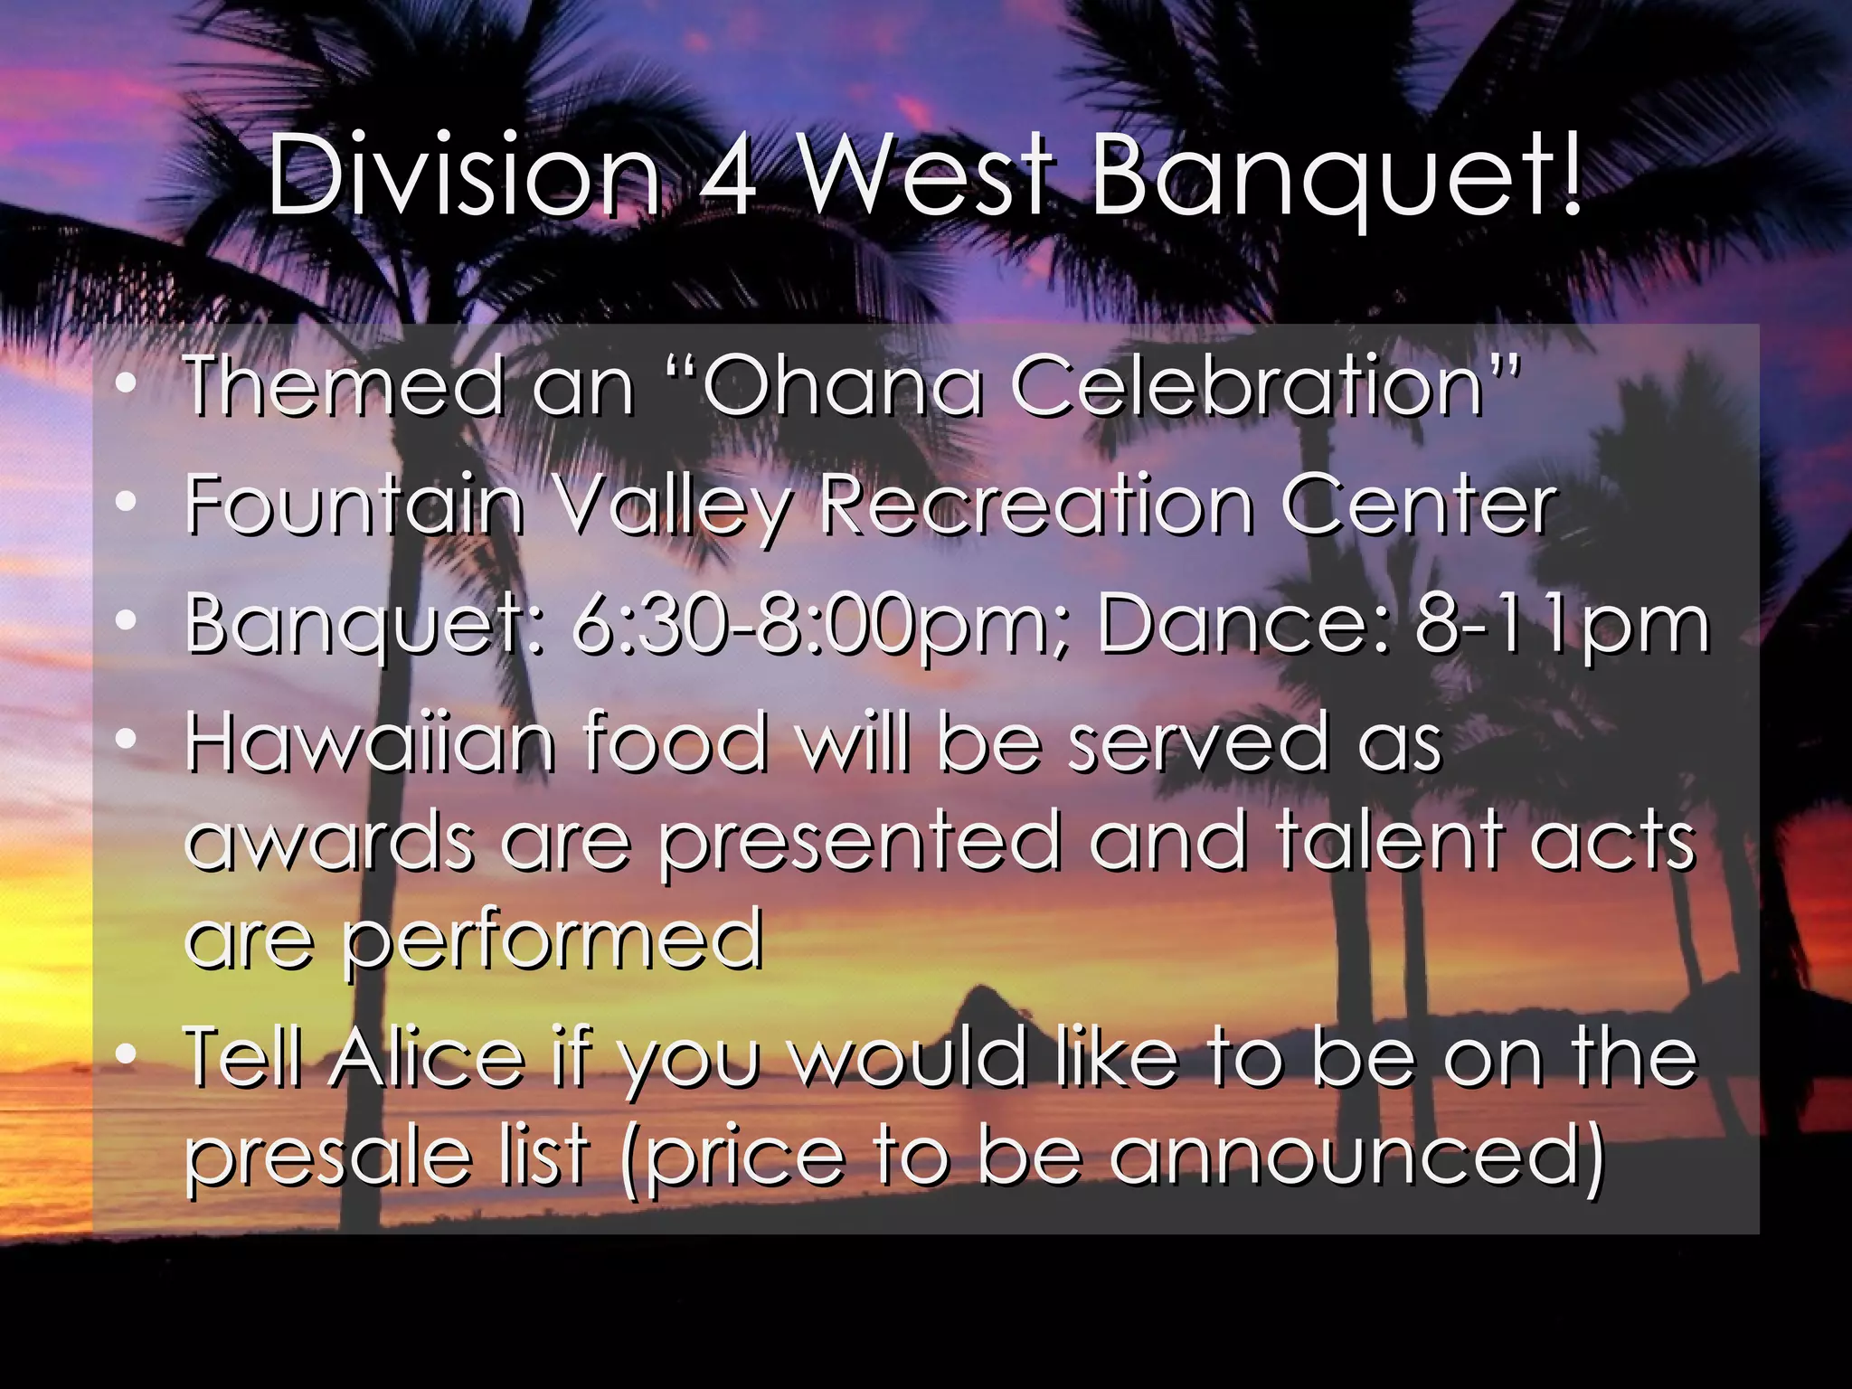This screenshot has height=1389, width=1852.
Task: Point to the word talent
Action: (x=1389, y=841)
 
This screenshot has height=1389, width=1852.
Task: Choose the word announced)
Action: (x=1356, y=1157)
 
